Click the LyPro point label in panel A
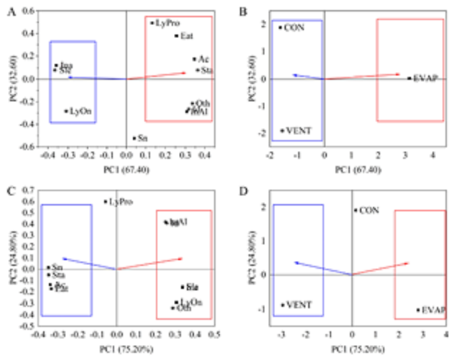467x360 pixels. click(x=167, y=23)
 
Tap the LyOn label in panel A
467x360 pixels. click(x=80, y=111)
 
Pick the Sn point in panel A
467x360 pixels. click(x=134, y=138)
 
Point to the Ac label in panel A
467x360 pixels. click(x=204, y=59)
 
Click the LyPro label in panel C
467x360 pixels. click(x=121, y=203)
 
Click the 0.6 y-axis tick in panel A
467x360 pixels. click(x=29, y=12)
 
